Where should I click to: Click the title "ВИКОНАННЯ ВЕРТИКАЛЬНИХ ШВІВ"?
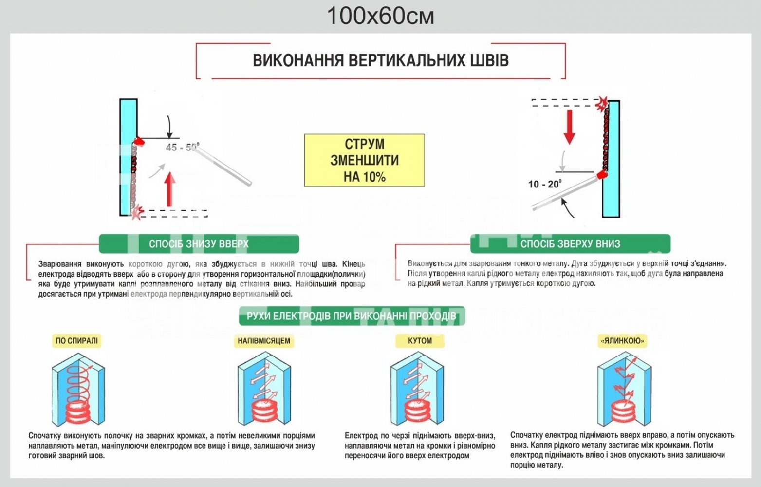click(380, 60)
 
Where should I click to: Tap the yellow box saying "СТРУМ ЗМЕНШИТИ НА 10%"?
click(364, 160)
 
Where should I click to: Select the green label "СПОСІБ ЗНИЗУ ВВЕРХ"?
click(199, 243)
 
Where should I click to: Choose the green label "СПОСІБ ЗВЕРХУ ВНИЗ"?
click(570, 243)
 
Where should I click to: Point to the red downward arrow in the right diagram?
click(569, 126)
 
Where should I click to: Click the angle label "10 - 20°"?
click(544, 184)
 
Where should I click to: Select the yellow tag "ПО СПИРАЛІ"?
click(76, 341)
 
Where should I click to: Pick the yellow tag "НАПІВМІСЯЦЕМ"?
click(264, 341)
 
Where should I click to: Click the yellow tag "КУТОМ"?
click(420, 341)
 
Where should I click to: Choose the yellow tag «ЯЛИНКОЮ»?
click(622, 341)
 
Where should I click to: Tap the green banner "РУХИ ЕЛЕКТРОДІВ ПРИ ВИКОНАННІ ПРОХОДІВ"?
click(352, 317)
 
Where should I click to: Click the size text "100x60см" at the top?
click(380, 16)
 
